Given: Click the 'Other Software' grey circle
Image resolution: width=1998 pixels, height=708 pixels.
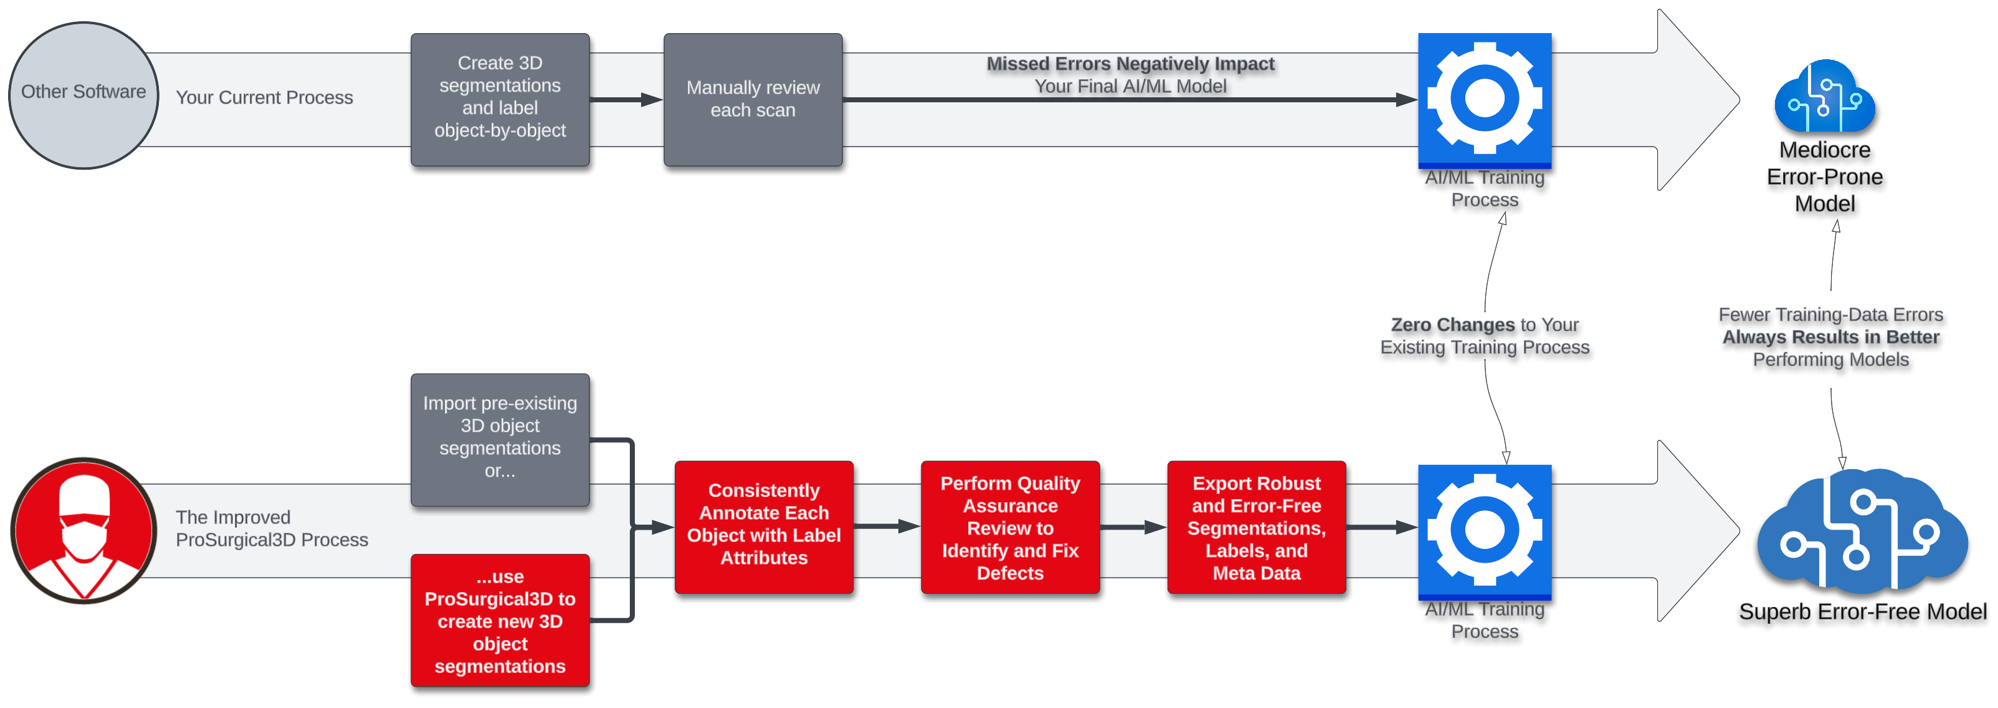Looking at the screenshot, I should pos(83,95).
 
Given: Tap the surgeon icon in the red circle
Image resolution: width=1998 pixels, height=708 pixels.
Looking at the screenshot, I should pos(83,530).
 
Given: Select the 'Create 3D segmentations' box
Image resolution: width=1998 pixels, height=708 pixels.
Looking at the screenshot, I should pos(500,99).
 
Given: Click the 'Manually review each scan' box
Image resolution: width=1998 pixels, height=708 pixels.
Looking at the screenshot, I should pos(753,99).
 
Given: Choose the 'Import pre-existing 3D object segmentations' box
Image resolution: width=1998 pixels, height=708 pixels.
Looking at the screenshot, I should pos(500,439).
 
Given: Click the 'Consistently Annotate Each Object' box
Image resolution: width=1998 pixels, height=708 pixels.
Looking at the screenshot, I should pos(763,527).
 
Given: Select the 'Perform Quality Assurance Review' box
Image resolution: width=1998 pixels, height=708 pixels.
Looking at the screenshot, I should pos(1009,527).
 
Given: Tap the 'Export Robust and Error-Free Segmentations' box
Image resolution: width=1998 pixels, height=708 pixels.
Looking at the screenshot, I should pos(1256,527).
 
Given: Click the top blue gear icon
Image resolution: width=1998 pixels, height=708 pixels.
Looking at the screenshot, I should pos(1484,99).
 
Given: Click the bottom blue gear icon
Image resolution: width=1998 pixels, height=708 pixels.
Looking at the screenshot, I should pos(1484,530).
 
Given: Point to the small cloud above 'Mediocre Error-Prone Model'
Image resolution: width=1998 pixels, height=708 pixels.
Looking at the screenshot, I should pos(1824,97).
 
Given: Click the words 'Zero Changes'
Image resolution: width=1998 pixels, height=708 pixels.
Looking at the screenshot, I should pos(1452,324).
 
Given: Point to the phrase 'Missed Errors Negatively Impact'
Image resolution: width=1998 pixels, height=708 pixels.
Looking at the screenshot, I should pos(1130,64).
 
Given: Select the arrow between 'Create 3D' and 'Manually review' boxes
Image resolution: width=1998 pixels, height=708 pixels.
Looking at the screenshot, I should pos(625,99).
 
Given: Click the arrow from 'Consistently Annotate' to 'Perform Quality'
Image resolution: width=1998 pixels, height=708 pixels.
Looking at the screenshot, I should pos(886,526).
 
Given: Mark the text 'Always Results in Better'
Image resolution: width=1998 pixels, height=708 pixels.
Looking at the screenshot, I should pos(1830,337).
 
